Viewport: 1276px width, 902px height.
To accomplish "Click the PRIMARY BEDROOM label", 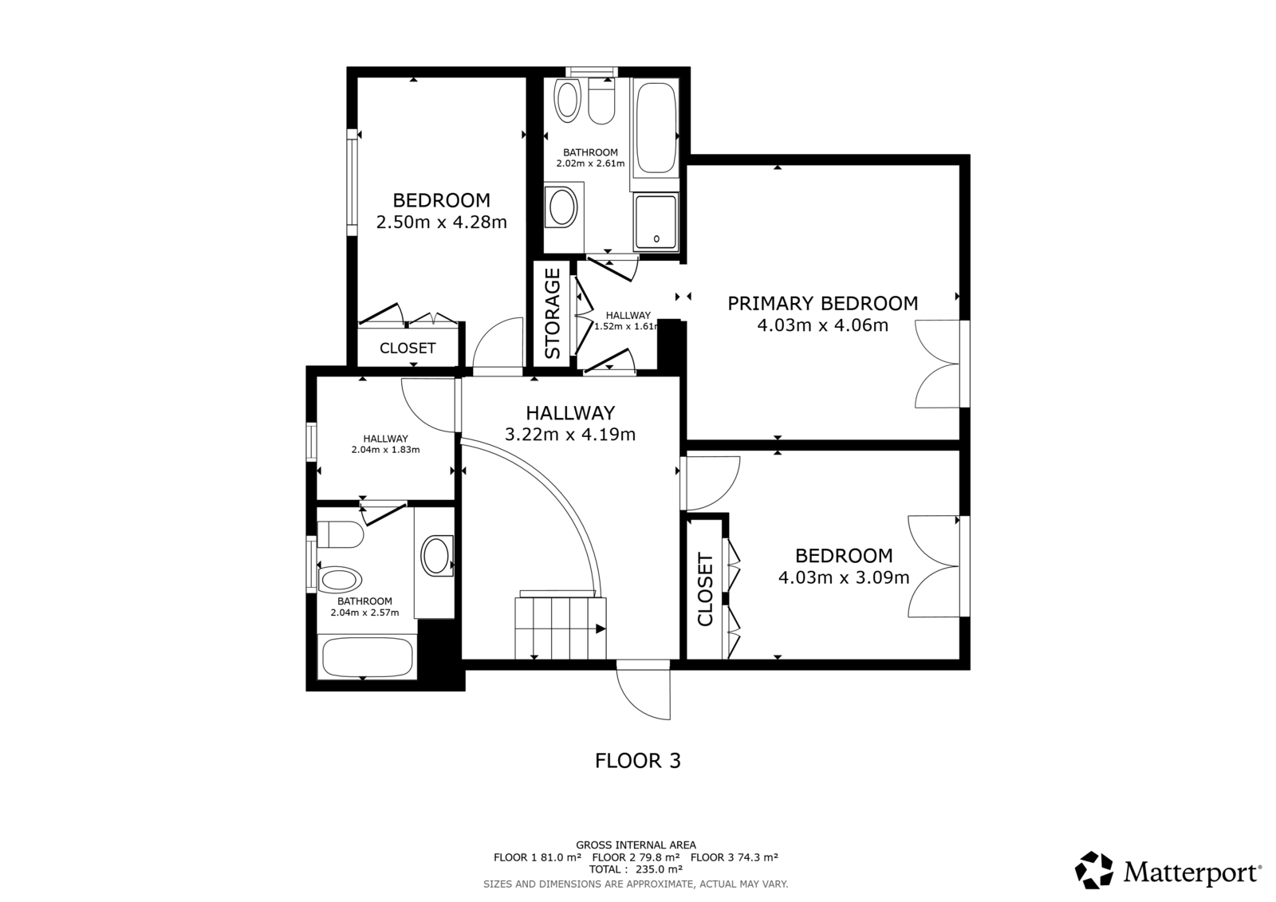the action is [822, 303].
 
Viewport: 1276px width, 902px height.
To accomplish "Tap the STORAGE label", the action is [553, 313].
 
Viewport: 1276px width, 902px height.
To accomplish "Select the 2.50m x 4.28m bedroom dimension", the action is [442, 222].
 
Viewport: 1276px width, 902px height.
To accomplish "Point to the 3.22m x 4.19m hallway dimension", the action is [570, 434].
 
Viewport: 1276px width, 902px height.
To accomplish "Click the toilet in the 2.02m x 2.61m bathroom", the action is [601, 101].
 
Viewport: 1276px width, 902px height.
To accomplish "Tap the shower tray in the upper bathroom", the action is [656, 222].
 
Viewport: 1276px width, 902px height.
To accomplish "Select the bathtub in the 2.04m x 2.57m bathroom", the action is [368, 657].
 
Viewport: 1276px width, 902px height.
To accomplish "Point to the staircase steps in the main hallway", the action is [561, 628].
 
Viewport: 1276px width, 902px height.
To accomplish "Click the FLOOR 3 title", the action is [638, 761].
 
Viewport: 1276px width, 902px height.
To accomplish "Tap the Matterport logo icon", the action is [1093, 870].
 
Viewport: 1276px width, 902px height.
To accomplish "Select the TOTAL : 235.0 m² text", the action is [636, 869].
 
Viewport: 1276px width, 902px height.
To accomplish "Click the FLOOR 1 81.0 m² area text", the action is [538, 857].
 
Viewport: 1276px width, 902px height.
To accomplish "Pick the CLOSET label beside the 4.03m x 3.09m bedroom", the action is [705, 589].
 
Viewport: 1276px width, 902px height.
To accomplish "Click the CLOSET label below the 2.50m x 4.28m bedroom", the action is [408, 349].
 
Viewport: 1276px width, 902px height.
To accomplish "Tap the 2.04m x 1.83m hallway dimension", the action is [386, 450].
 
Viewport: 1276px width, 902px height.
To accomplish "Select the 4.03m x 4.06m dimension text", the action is [822, 325].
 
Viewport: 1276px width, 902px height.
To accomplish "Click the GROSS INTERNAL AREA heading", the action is [636, 845].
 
